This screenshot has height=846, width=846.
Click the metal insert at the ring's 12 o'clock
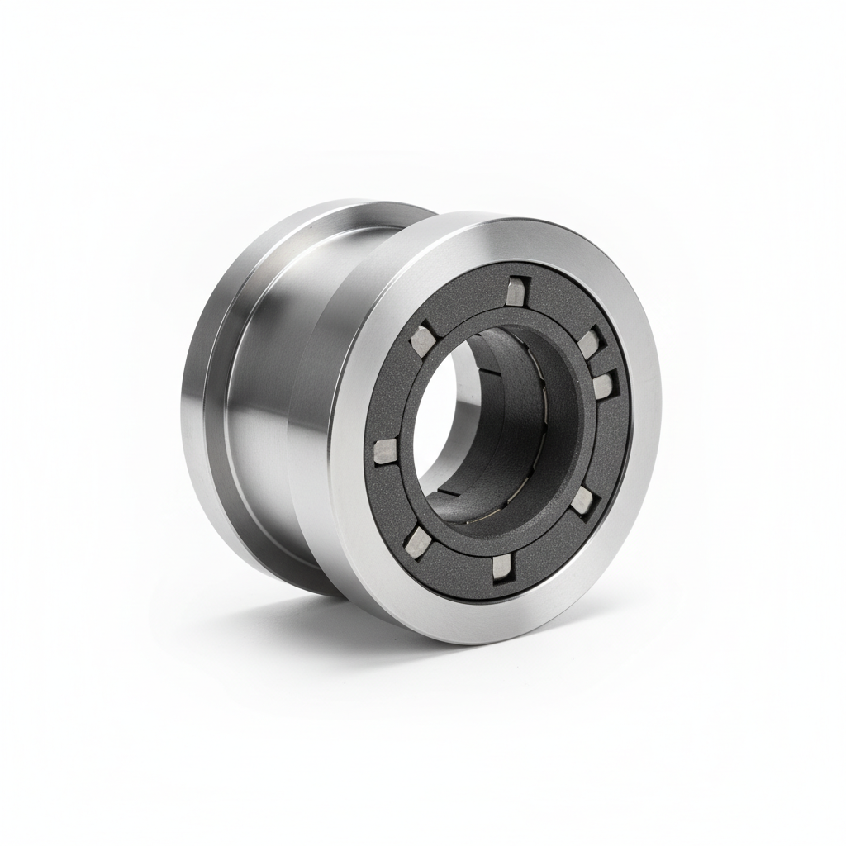516,291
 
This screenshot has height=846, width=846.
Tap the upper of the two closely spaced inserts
588,342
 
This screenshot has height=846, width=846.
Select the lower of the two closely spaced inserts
604,383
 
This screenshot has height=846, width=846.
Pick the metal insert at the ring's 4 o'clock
583,498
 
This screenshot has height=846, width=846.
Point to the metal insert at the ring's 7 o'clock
418,542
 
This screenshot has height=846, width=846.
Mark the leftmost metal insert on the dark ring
385,450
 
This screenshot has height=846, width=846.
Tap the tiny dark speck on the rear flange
307,225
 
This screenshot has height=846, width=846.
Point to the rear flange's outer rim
194,397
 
